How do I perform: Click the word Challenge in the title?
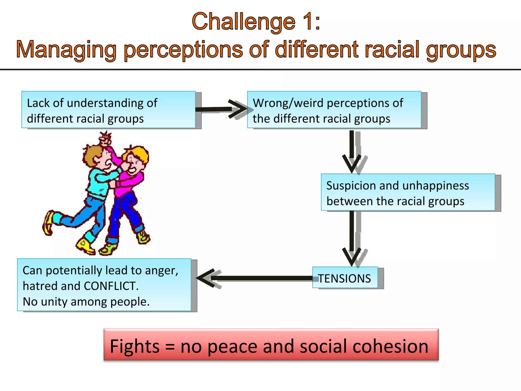243,22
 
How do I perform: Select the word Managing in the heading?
66,50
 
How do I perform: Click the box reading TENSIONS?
345,278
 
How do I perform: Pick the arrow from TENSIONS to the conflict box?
254,278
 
